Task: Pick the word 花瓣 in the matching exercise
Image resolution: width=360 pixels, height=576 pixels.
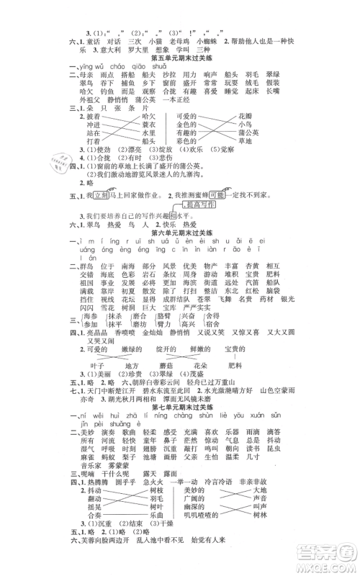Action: [276, 115]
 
